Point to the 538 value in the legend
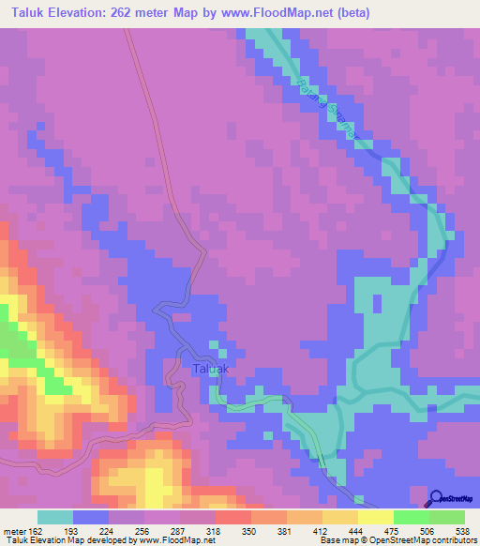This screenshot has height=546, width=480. (464, 531)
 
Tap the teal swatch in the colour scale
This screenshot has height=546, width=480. (54, 517)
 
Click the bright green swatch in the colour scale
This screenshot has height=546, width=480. (411, 517)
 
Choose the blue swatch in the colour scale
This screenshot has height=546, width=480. (90, 517)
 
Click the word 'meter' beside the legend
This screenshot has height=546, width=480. (15, 531)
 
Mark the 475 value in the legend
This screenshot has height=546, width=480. (393, 531)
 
